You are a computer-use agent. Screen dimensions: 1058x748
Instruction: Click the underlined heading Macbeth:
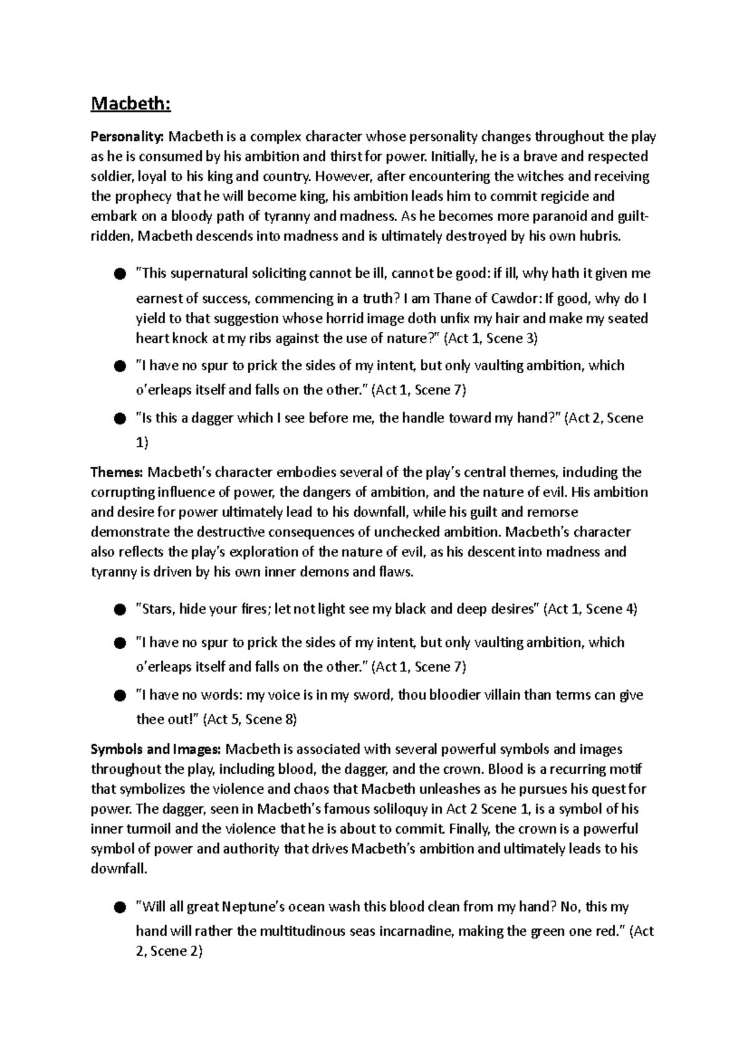click(130, 103)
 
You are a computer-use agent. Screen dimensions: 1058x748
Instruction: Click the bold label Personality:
click(128, 136)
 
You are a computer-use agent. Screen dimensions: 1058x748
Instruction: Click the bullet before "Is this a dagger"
click(120, 419)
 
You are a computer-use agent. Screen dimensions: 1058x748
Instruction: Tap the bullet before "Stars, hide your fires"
click(120, 611)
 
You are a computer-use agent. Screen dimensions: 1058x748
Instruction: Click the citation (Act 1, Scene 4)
click(590, 609)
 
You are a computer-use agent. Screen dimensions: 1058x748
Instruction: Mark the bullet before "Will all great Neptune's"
click(120, 908)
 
